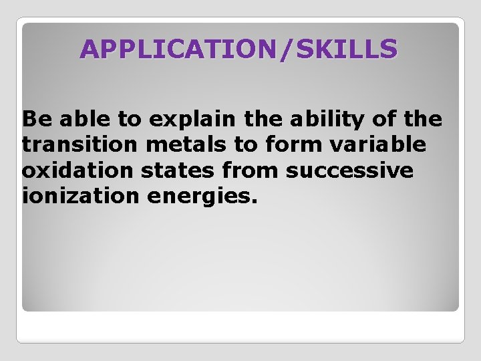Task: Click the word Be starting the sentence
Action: pos(35,119)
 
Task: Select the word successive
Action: pos(349,170)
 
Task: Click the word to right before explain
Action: pos(130,119)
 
